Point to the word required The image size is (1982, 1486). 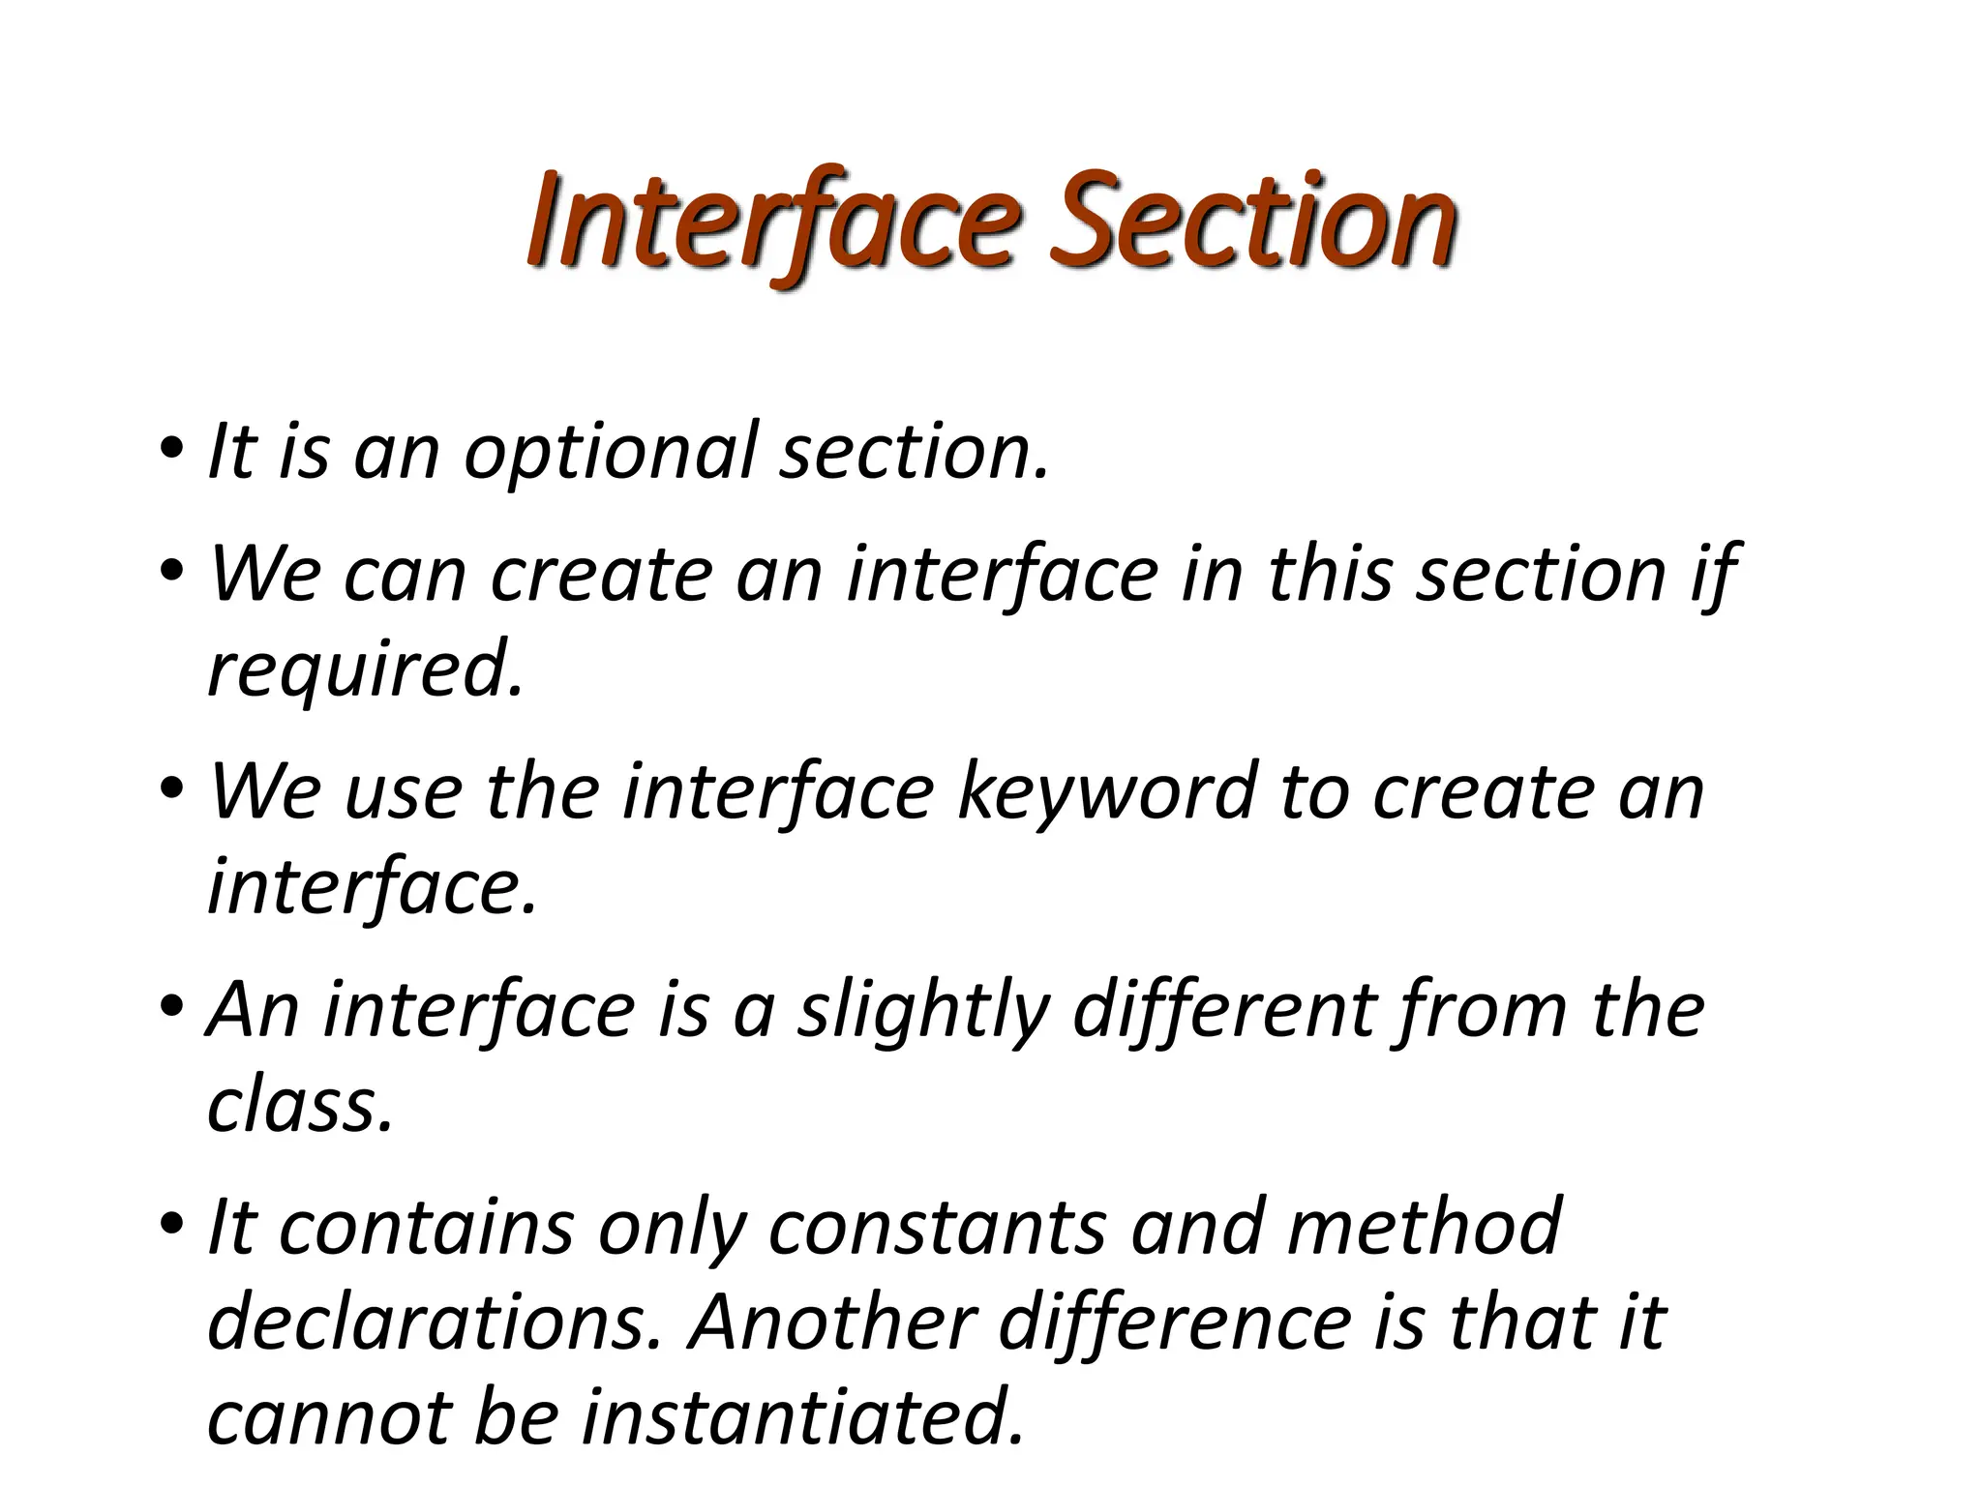click(365, 669)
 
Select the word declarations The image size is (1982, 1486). click(435, 1323)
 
